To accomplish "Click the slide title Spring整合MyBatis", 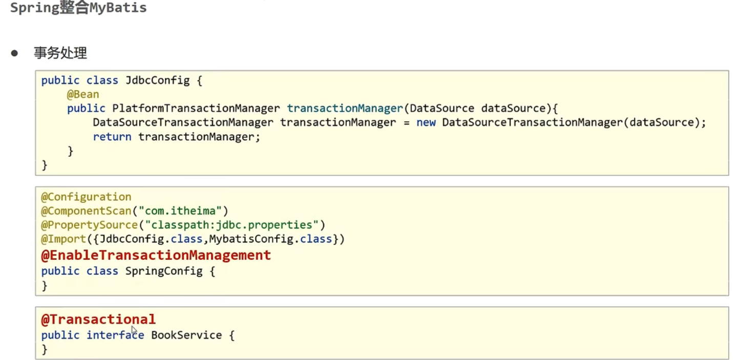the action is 78,8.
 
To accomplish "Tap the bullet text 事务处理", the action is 60,53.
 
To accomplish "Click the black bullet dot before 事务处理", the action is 14,53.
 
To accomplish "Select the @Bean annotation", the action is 83,94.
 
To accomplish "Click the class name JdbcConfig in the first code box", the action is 154,80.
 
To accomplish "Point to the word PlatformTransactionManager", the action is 196,109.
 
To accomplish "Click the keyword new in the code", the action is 426,123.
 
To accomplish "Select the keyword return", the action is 112,137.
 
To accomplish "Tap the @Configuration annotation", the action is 86,197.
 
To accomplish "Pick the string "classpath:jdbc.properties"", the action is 232,225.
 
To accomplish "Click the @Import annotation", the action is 64,239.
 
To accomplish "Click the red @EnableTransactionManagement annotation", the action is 156,255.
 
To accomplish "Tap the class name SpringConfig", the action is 164,271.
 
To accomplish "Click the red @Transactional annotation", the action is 98,320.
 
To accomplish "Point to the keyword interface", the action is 115,335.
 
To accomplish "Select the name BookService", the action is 186,335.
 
